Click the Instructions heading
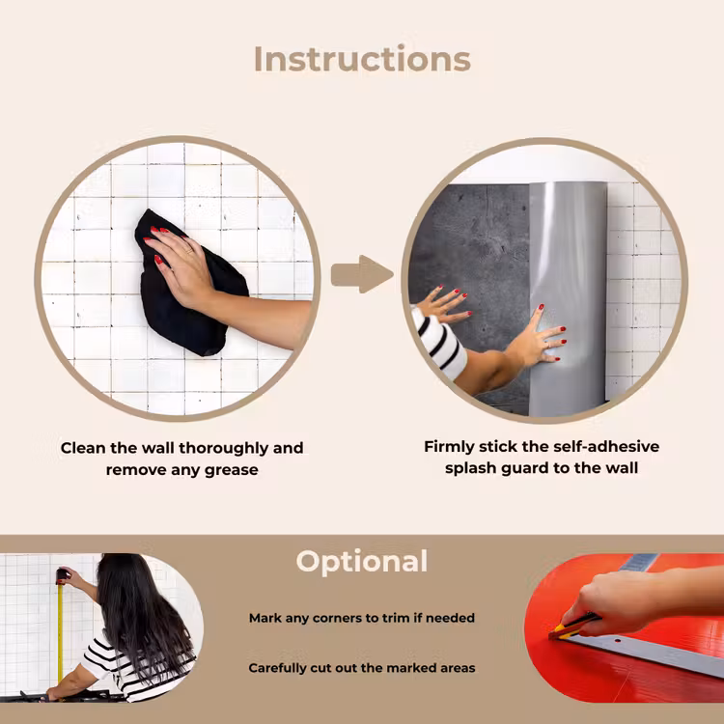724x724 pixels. [362, 59]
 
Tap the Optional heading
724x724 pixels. [362, 562]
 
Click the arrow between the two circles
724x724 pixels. [362, 274]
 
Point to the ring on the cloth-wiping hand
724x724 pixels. [188, 251]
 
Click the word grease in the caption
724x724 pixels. [231, 470]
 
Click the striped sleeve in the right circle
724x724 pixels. [438, 342]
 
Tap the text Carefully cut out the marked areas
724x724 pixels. [362, 668]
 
